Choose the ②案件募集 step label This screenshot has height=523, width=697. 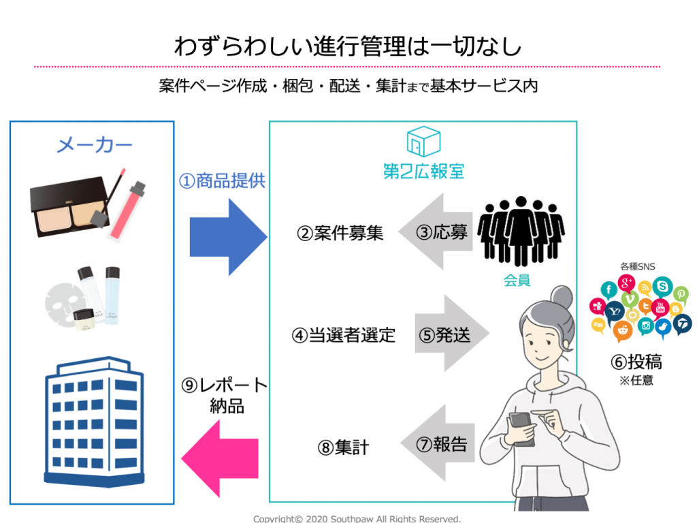pos(340,234)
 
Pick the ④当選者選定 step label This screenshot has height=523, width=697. pos(344,335)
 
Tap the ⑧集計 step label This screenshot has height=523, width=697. pos(343,447)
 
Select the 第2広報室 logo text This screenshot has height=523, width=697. pos(423,170)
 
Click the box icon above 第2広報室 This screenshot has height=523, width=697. pos(423,141)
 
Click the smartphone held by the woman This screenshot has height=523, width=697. pos(523,429)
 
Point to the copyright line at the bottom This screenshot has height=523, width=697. pos(357,518)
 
